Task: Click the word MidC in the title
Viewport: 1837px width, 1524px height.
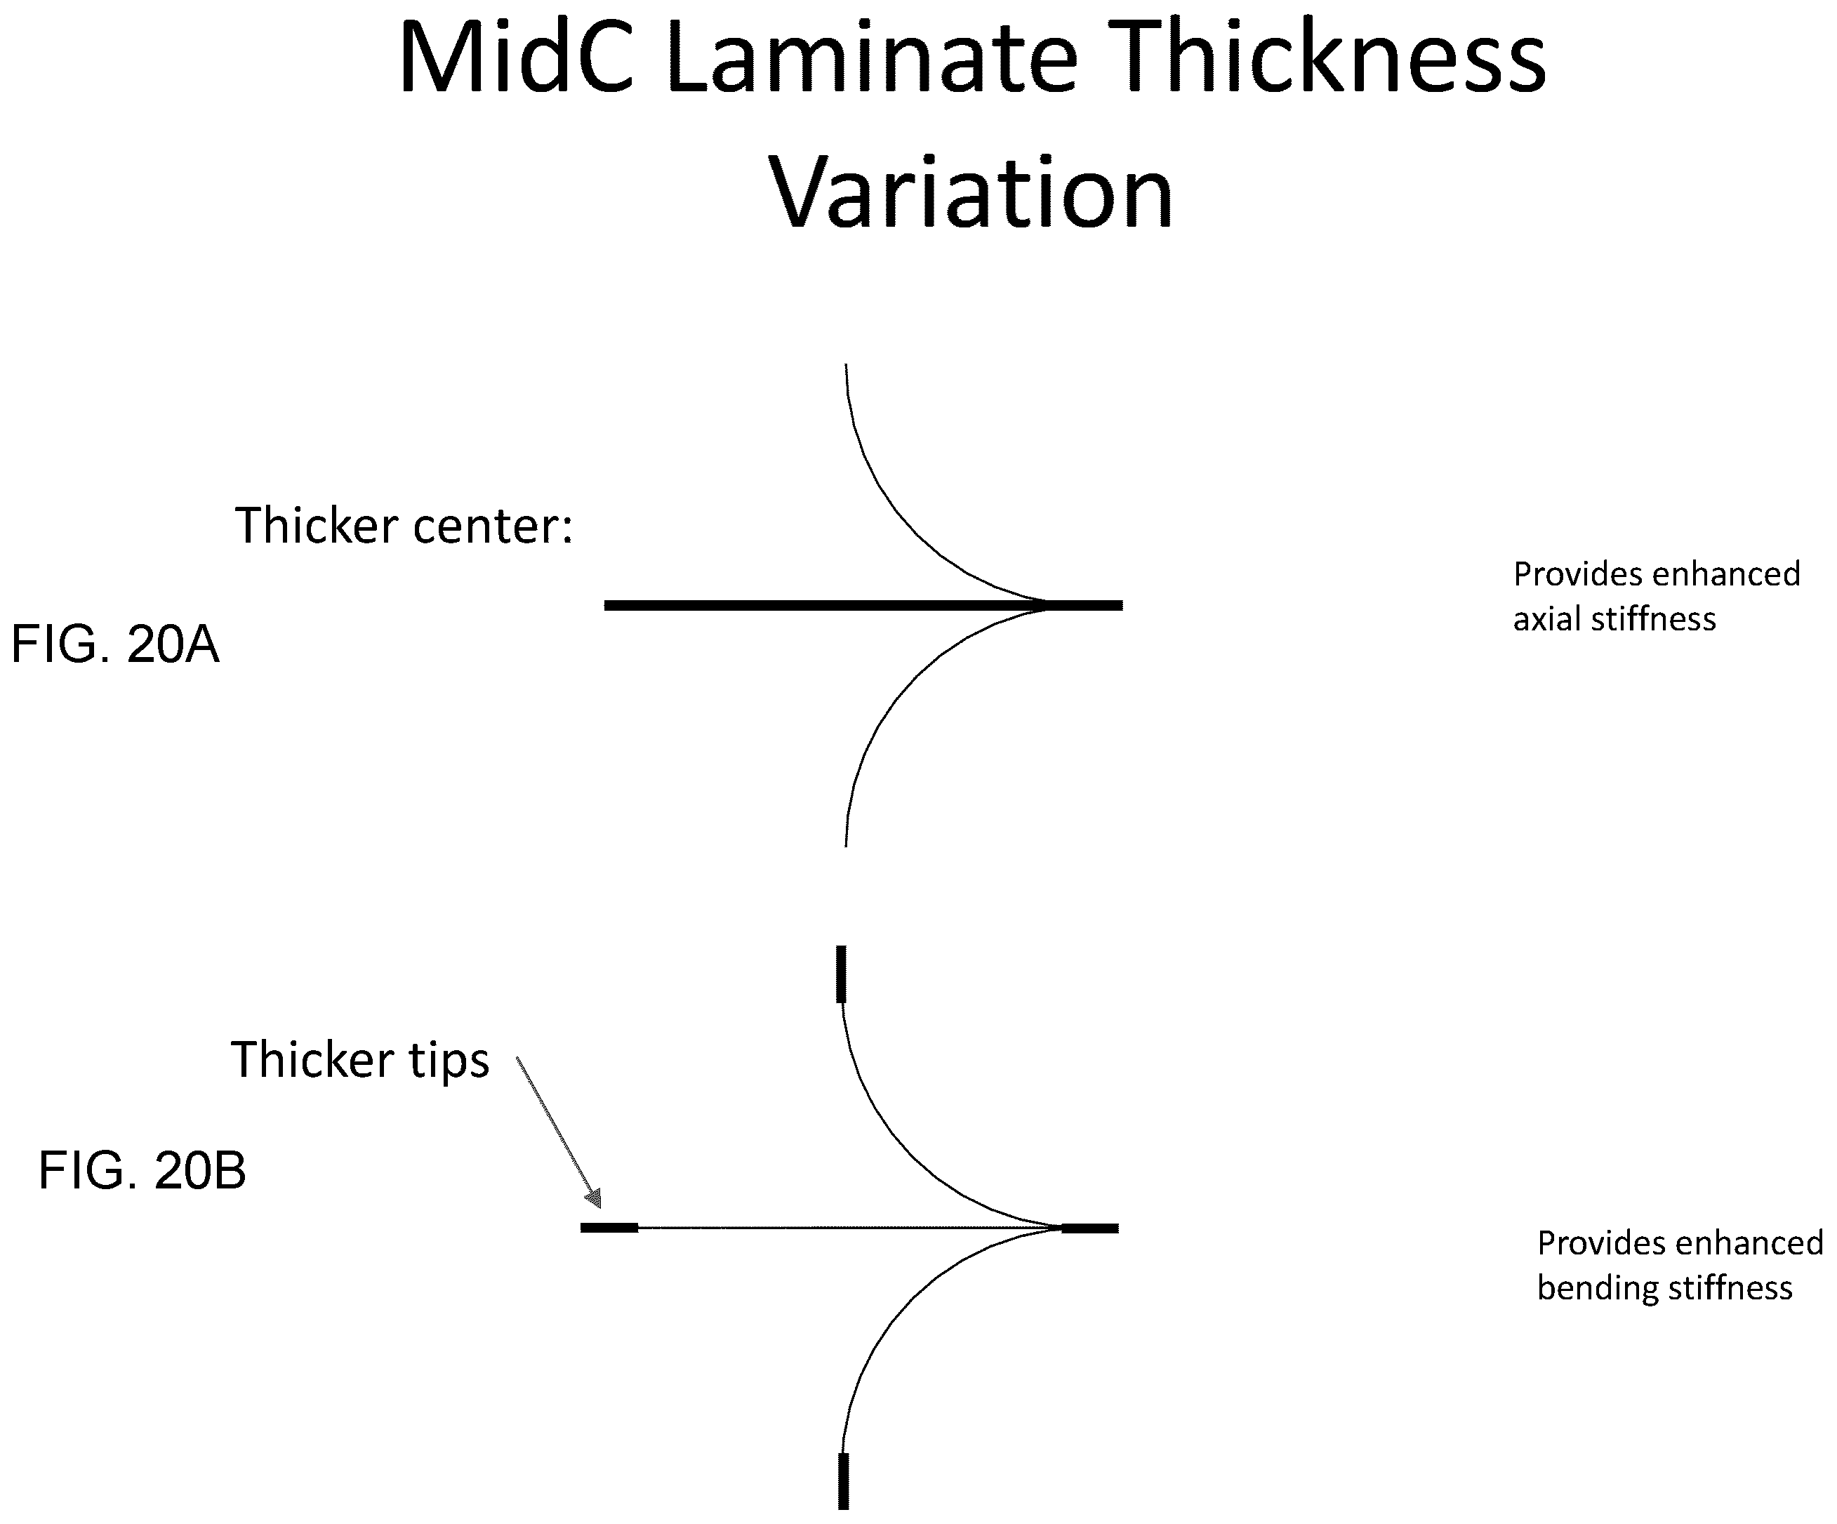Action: pos(516,57)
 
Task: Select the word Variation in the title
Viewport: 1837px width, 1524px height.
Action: pos(971,192)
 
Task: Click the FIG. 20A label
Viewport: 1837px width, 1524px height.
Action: pos(114,644)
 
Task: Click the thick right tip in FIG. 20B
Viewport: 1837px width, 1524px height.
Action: pos(1090,1228)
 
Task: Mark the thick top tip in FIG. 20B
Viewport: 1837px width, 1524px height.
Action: pos(842,974)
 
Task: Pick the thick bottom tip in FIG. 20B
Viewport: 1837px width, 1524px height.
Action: pos(843,1481)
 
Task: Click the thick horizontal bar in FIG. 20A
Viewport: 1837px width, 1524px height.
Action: pos(863,605)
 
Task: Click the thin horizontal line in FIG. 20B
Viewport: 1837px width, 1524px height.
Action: pos(849,1228)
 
